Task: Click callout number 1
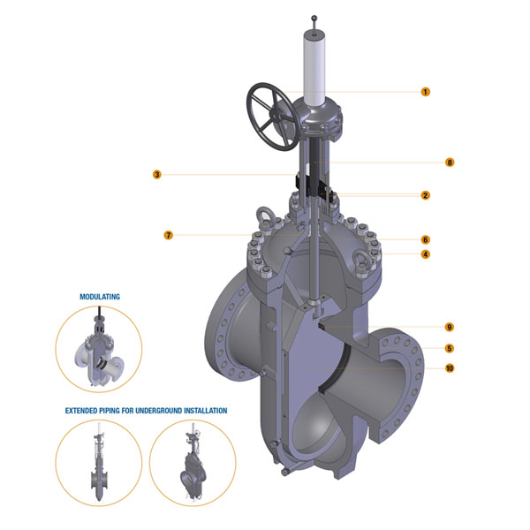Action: [x=425, y=91]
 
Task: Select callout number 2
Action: [x=425, y=195]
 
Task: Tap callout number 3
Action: [x=156, y=175]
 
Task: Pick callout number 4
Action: [x=425, y=254]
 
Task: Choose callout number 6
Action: [x=425, y=238]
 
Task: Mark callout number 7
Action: [x=168, y=235]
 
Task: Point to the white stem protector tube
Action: [x=314, y=70]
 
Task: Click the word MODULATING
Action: [x=100, y=298]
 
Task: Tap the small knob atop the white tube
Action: [x=314, y=17]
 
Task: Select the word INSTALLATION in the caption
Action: [x=202, y=411]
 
